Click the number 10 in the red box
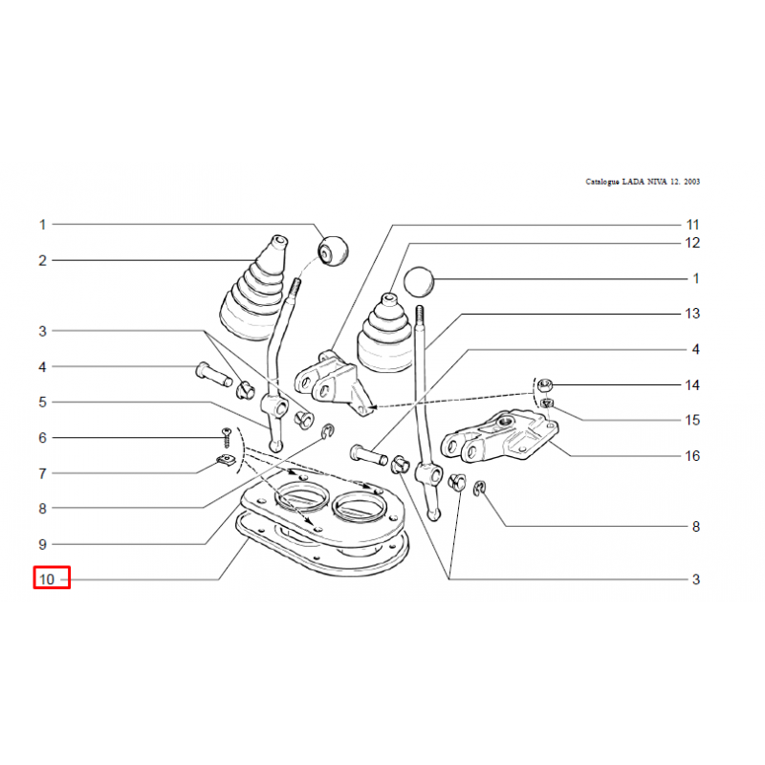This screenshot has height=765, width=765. pos(47,579)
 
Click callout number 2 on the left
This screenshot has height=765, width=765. pos(42,260)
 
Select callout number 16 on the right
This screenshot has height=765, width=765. pos(692,456)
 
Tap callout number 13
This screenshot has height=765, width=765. pos(692,314)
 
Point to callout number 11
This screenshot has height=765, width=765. pos(692,225)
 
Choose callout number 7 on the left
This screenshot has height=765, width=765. pos(42,473)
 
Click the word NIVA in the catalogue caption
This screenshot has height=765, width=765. pos(657,182)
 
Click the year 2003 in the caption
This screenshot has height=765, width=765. pos(691,182)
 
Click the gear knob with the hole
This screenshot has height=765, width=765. pos(333,251)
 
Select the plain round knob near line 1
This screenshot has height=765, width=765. pos(419,281)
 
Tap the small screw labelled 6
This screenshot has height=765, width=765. pos(227,438)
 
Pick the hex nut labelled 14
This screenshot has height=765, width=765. pos(544,385)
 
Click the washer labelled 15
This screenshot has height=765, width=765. pos(547,403)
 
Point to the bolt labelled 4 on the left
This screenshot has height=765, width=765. pos(213,374)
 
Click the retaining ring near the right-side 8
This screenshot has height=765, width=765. pos(479,488)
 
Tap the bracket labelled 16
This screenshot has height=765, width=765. pos(499,436)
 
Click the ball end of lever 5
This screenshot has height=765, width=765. pos(276,446)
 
